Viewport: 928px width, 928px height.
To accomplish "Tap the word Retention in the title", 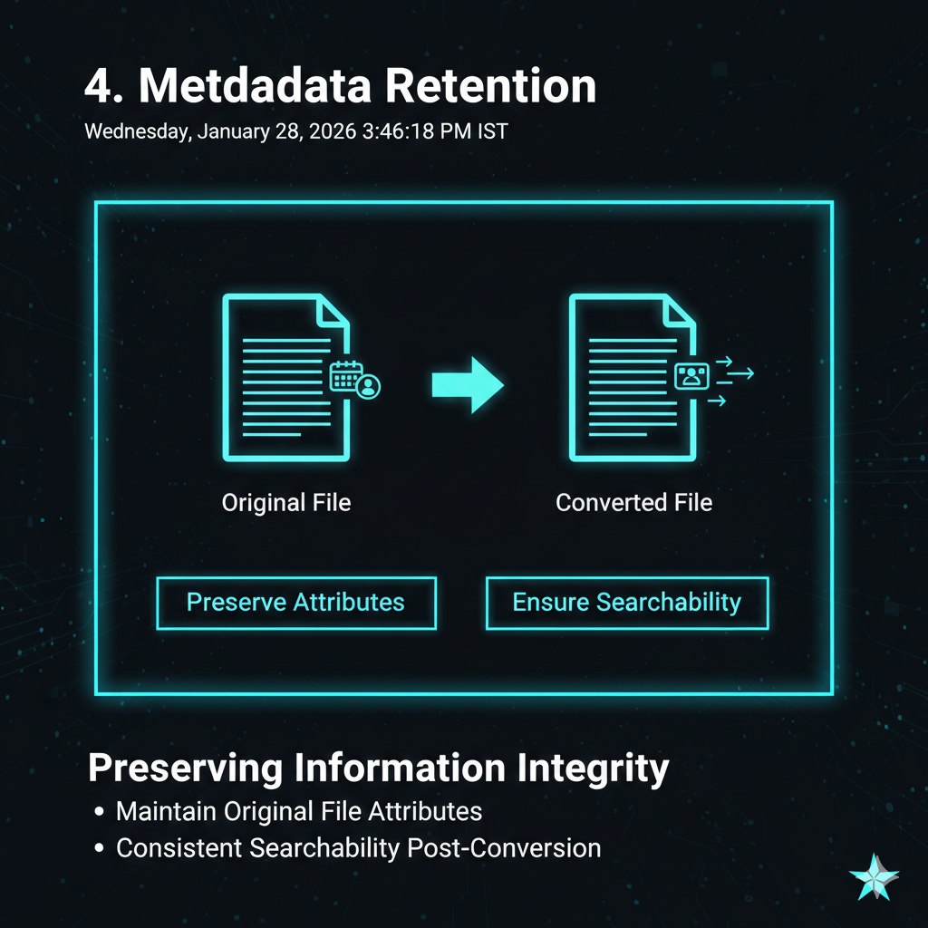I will tap(490, 87).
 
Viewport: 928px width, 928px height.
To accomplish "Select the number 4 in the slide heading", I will tap(99, 87).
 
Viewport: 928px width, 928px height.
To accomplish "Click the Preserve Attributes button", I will tap(295, 603).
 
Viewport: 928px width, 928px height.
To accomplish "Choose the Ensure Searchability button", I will tap(627, 603).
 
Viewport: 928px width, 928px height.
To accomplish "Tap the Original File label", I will tap(286, 502).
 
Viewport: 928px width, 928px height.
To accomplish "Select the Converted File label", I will tap(633, 502).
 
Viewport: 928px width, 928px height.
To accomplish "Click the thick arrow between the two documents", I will tap(466, 384).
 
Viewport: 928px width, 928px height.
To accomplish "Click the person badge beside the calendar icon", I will tap(368, 387).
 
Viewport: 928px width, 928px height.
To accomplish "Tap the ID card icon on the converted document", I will tap(691, 375).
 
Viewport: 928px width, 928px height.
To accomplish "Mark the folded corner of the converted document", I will tap(681, 311).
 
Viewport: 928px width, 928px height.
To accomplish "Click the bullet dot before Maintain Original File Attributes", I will tap(99, 811).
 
